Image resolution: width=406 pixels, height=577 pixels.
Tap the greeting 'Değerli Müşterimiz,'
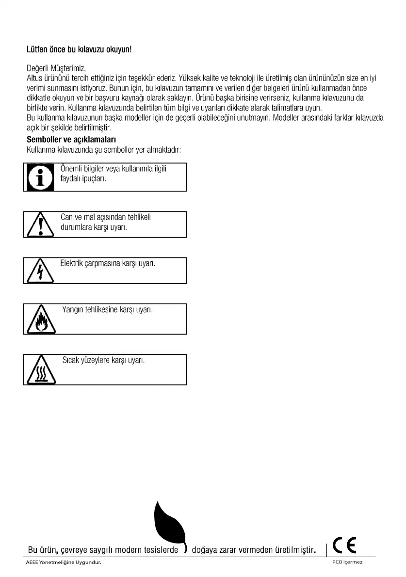[56, 68]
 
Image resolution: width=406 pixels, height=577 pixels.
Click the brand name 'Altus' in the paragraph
[34, 78]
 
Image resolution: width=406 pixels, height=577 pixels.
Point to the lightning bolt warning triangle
[41, 272]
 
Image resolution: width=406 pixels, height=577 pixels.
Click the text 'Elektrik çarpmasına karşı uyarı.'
[108, 263]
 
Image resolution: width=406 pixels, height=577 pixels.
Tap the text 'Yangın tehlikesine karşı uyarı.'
[107, 309]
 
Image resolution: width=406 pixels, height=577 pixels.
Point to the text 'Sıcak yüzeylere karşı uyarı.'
[103, 361]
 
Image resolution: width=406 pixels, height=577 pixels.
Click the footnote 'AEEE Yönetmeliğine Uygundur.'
[64, 562]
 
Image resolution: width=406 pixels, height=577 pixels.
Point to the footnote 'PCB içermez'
[347, 562]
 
